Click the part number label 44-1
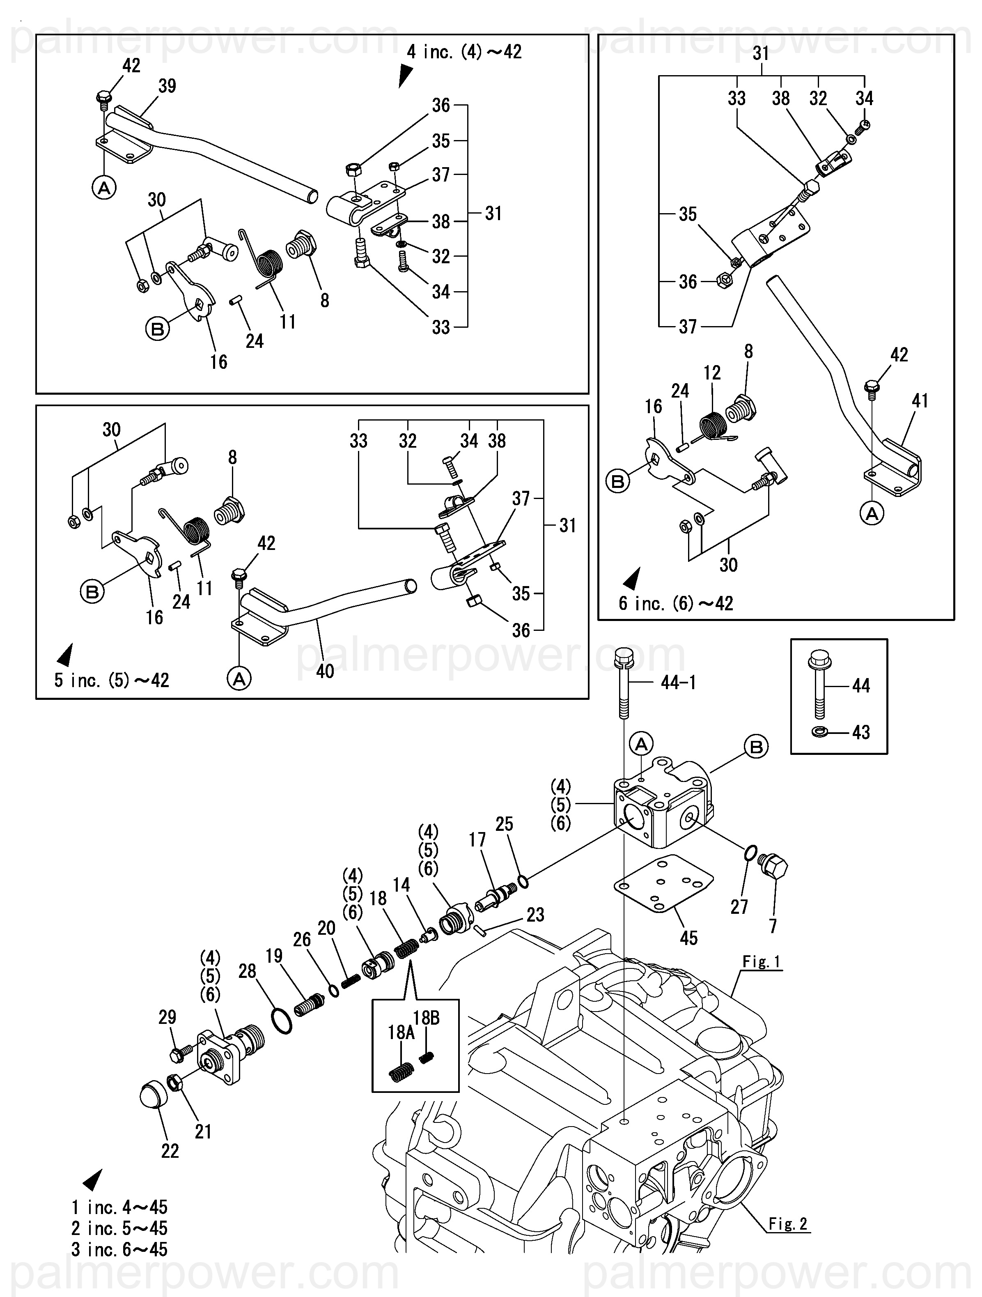tap(678, 683)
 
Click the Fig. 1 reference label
tap(761, 962)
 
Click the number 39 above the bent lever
tap(167, 86)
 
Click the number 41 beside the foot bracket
tap(920, 401)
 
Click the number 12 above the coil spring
tap(712, 373)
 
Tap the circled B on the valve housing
tap(756, 747)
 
